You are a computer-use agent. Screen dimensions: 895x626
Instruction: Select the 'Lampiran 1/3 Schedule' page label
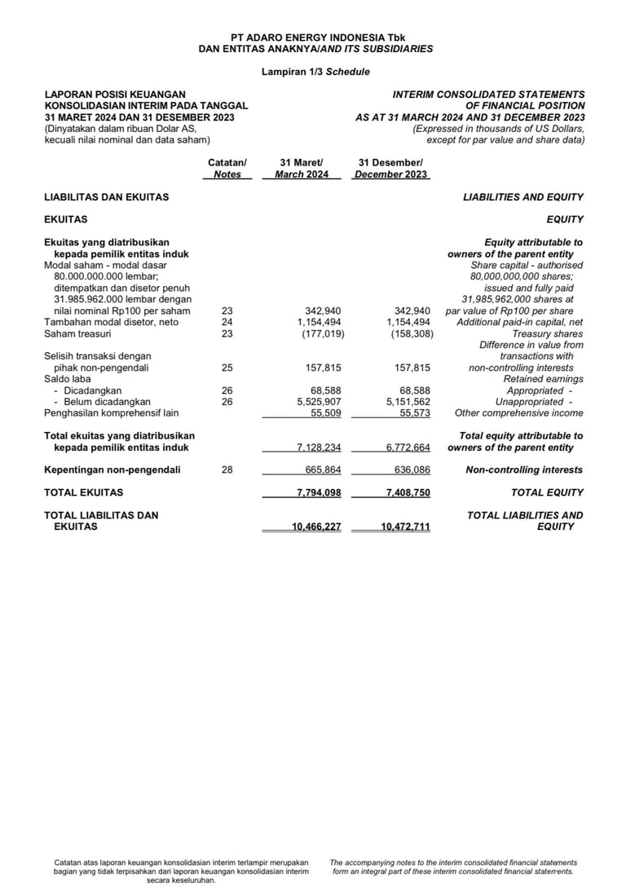(x=315, y=72)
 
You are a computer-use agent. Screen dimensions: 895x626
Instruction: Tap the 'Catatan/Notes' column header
(x=227, y=169)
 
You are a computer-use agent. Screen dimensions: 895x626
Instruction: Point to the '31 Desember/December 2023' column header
(x=390, y=169)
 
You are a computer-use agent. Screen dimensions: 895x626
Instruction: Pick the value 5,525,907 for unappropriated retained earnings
(x=318, y=402)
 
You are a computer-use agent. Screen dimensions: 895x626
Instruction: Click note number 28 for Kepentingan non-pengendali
(x=227, y=470)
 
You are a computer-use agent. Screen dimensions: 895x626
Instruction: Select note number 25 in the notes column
(x=227, y=368)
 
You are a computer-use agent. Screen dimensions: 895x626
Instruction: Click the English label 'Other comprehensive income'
(x=518, y=413)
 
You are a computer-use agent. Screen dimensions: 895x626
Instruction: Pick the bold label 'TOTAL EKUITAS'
(x=83, y=493)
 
